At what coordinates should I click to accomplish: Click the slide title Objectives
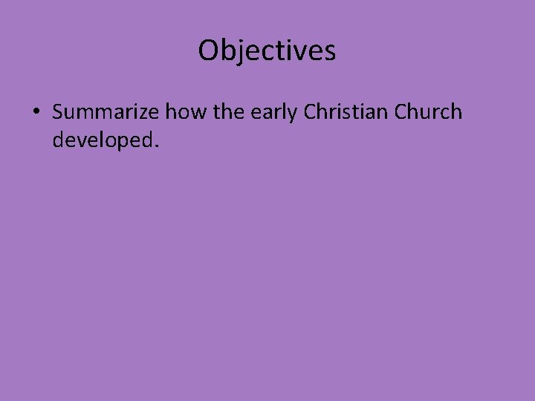click(x=267, y=50)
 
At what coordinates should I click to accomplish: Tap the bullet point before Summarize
click(x=36, y=113)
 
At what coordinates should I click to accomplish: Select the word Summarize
click(x=106, y=112)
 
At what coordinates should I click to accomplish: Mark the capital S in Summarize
click(x=59, y=112)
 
